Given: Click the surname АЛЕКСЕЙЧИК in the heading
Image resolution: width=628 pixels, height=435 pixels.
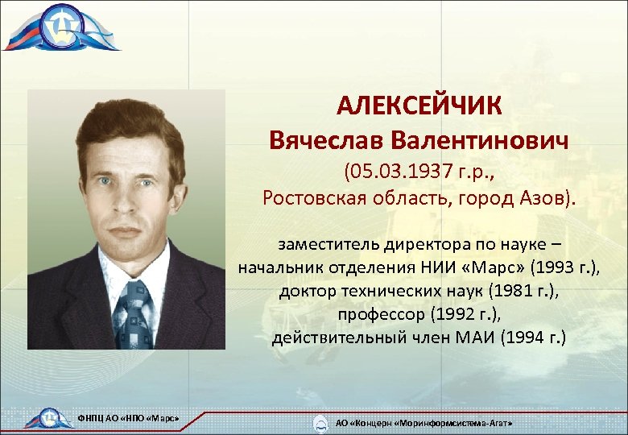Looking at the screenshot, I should (419, 106).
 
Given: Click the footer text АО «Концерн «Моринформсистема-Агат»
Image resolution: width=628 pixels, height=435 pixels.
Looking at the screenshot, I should (423, 422).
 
